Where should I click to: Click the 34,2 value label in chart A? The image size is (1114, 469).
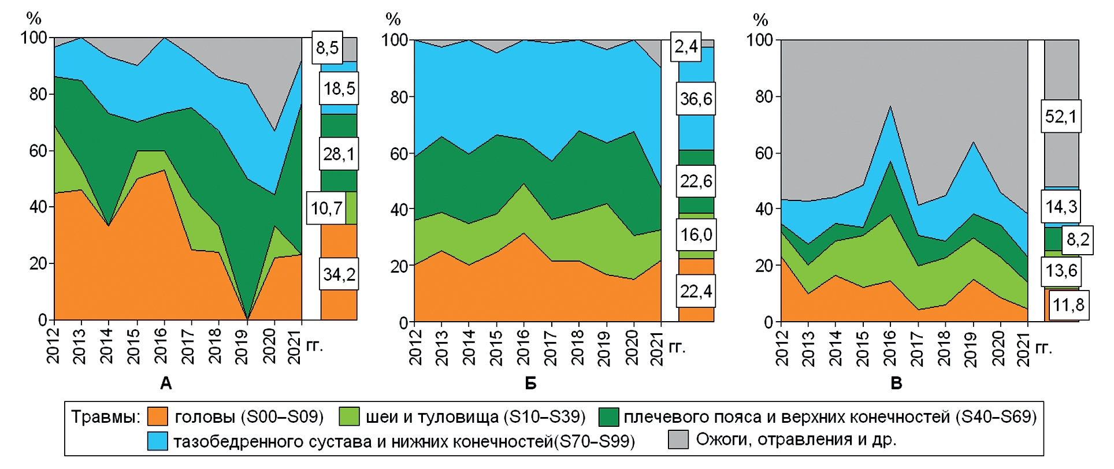tap(339, 274)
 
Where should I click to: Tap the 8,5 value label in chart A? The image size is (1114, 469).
tap(327, 47)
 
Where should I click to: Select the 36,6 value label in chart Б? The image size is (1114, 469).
tap(696, 99)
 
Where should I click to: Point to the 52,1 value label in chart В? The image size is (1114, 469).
tap(1061, 117)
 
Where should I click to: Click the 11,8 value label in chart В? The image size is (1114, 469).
tap(1068, 305)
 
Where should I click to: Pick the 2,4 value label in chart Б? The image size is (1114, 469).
tap(686, 46)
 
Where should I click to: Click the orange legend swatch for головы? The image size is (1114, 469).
tap(157, 416)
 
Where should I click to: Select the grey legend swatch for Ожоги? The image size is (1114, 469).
tap(678, 440)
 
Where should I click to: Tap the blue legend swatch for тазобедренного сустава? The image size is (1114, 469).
tap(157, 441)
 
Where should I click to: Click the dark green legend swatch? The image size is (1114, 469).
tap(608, 416)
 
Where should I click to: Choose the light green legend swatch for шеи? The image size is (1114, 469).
tap(349, 416)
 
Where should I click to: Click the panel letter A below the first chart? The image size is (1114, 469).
tap(166, 384)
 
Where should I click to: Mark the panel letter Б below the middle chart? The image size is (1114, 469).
tap(530, 384)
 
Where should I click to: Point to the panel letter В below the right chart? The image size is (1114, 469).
tap(896, 384)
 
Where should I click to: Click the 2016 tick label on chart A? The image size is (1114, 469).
tap(161, 346)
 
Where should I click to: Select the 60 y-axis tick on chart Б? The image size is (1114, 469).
tap(399, 154)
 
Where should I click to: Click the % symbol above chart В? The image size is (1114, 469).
tap(760, 20)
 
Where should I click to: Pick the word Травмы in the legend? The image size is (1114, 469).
tap(105, 417)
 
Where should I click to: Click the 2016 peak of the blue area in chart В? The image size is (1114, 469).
tap(890, 106)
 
